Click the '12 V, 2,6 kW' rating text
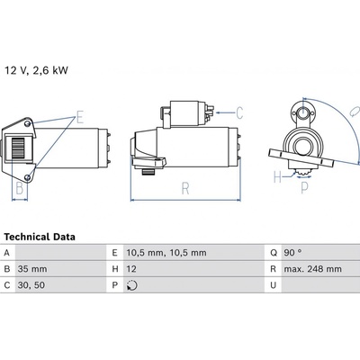pos(36,70)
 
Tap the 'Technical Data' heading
pos(40,237)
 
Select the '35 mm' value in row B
pos(32,269)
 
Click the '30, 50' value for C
pos(31,285)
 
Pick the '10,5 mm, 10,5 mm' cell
pos(166,253)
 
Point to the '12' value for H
pos(131,269)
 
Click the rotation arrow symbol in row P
pos(132,285)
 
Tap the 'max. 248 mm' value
pos(312,269)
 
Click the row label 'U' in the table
pos(273,285)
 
